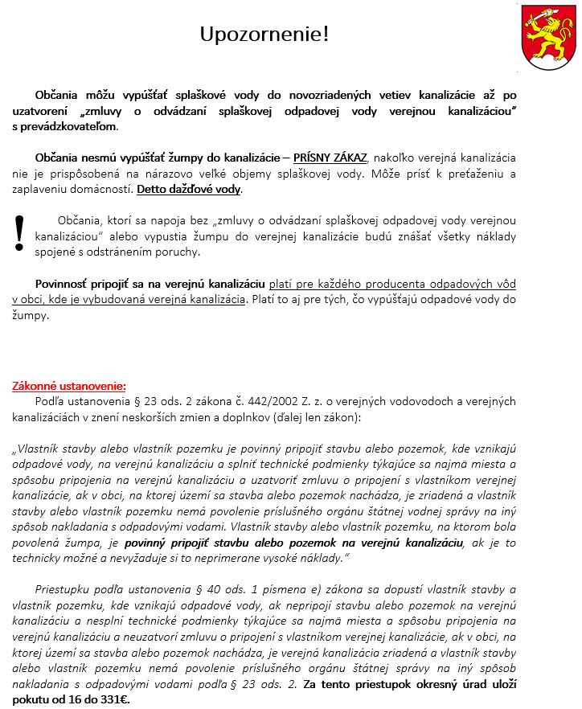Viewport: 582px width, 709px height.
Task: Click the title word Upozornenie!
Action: click(x=264, y=35)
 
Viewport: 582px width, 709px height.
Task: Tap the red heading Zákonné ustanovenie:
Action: click(x=69, y=386)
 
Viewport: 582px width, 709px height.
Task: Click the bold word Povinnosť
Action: click(x=65, y=284)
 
